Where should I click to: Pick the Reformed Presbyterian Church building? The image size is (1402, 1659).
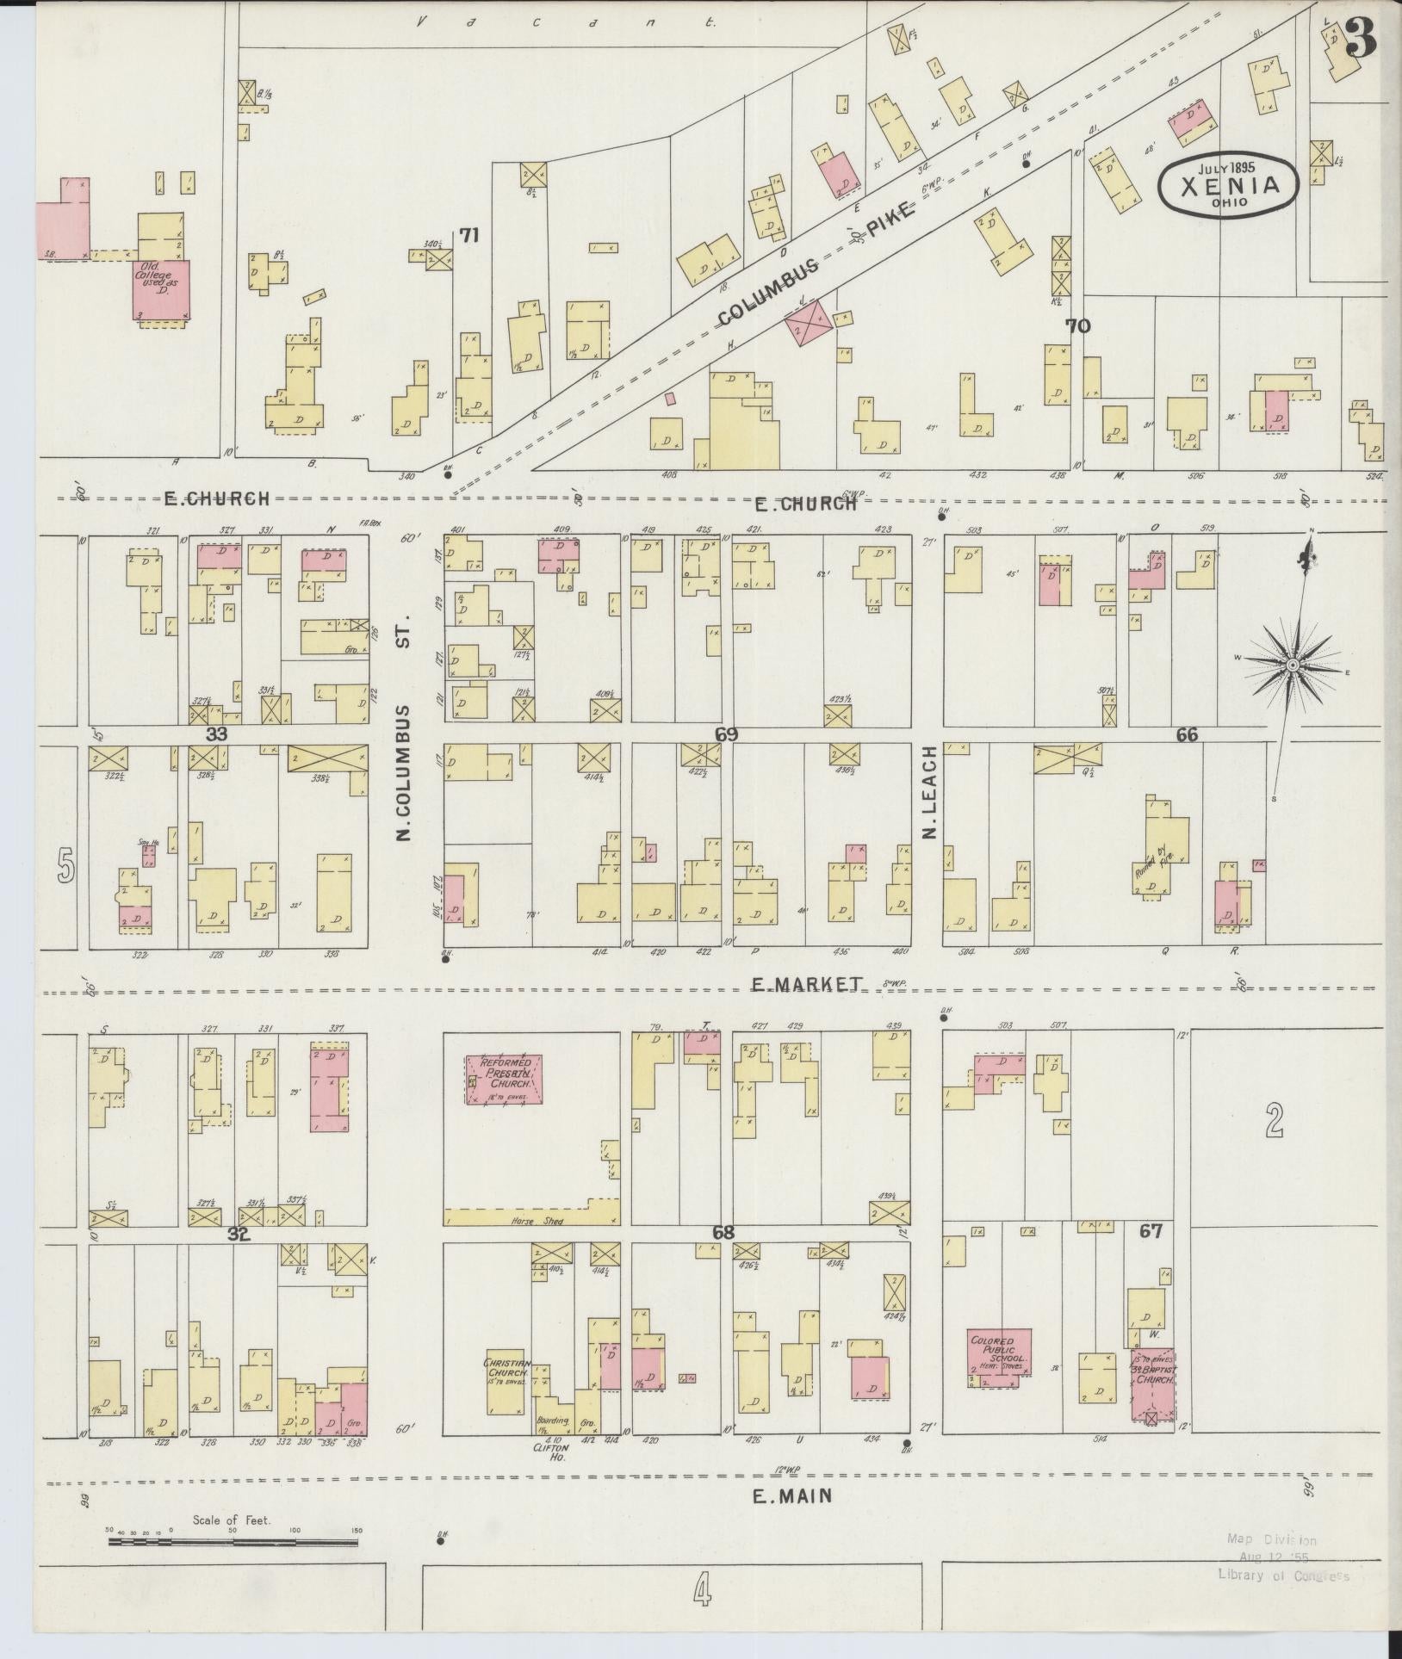(505, 1078)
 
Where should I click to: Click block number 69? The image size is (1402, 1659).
(726, 734)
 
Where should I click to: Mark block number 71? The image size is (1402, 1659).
(468, 234)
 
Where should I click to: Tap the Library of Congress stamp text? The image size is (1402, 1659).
(1283, 1575)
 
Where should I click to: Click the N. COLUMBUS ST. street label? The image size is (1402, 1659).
(406, 732)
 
